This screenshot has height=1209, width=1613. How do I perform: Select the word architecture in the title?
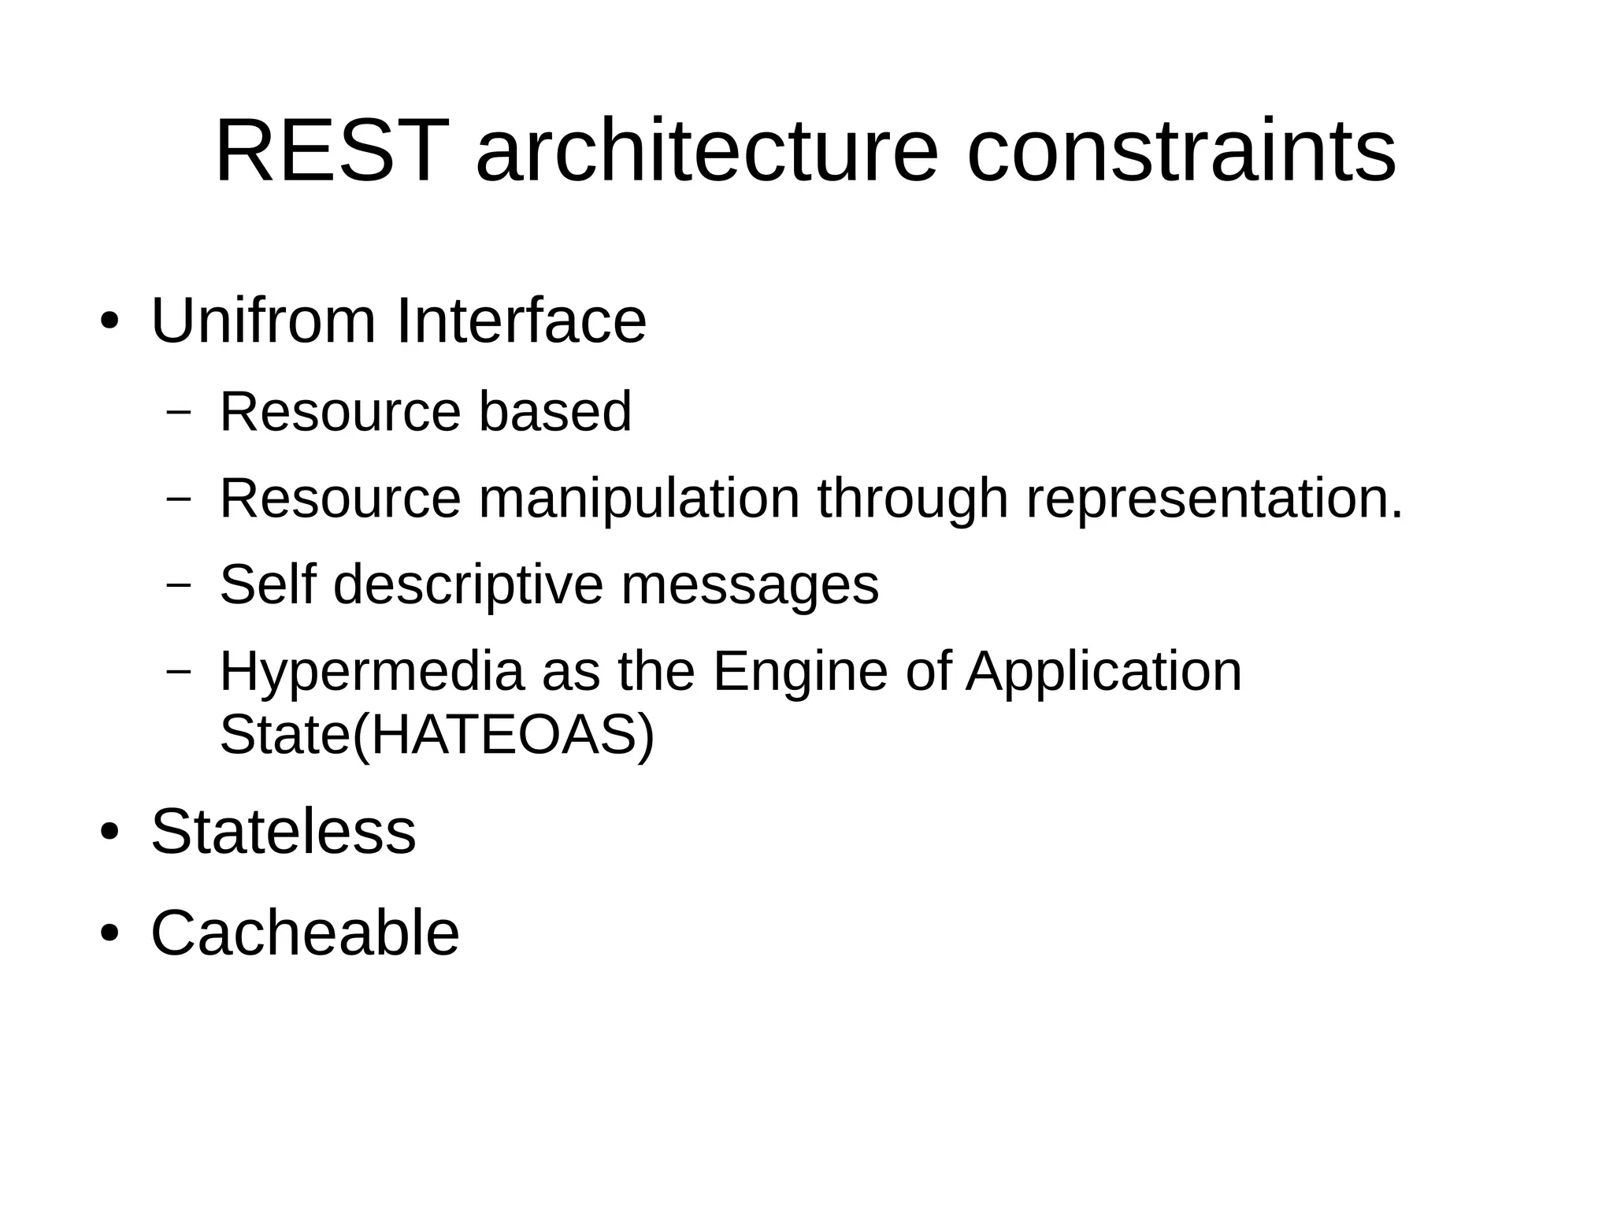[x=706, y=151]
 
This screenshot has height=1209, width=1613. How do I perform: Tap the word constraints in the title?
[x=1181, y=151]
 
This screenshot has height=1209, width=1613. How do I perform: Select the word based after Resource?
[x=554, y=411]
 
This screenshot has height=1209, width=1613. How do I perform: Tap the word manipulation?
[x=639, y=499]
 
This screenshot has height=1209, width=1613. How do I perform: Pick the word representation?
[x=1214, y=499]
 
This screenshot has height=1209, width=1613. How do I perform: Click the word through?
[x=913, y=499]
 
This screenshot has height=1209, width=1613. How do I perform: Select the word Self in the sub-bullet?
[x=267, y=584]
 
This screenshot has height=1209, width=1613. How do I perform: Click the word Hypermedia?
[x=371, y=672]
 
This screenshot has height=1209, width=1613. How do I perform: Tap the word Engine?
[x=799, y=672]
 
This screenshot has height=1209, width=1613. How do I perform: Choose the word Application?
[x=1103, y=672]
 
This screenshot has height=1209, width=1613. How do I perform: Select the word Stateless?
[x=283, y=832]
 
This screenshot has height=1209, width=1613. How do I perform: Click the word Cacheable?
[x=305, y=933]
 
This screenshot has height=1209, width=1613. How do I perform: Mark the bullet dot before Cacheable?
[x=109, y=934]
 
